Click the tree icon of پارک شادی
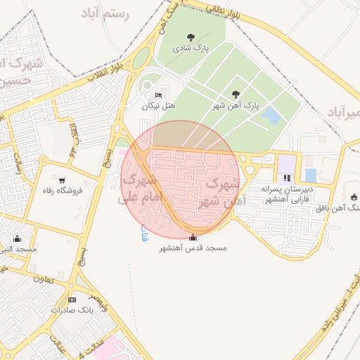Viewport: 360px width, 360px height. tap(191, 37)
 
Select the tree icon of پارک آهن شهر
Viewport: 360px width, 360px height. tap(236, 94)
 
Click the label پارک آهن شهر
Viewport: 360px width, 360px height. tap(236, 105)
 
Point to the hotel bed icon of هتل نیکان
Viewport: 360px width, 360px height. tap(158, 95)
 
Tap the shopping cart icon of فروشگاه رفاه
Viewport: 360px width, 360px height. tap(63, 180)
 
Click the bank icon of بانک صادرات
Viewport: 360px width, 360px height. tap(72, 300)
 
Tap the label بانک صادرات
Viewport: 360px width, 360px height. tap(72, 310)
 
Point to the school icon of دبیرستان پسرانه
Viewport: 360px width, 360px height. tap(286, 178)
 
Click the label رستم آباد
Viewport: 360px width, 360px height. tap(106, 14)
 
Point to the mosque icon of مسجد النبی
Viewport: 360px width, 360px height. tap(18, 238)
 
